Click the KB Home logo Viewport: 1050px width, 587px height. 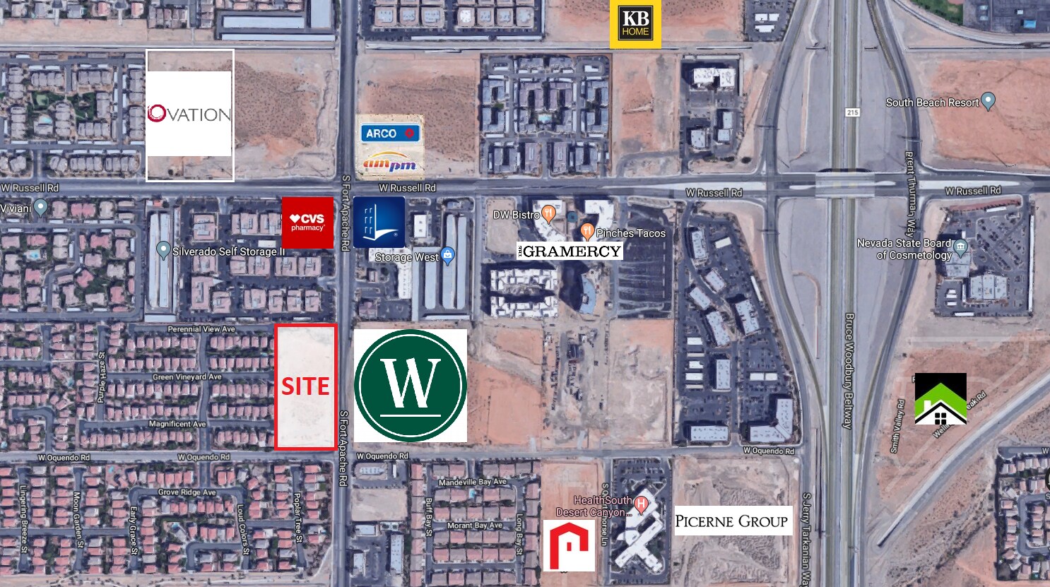(635, 23)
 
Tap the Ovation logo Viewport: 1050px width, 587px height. (189, 114)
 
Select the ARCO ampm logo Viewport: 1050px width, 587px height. (390, 148)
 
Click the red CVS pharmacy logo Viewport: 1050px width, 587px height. (307, 223)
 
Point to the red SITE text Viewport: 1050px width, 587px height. (305, 386)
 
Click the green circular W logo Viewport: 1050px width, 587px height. (410, 386)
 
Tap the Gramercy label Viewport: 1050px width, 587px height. (570, 251)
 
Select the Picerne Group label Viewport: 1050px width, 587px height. (732, 521)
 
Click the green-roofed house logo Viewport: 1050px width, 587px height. (940, 399)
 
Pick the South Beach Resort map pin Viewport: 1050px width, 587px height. (989, 101)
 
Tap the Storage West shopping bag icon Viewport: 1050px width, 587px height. (447, 255)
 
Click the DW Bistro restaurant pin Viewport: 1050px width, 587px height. (548, 213)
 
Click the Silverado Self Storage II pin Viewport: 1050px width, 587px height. (163, 249)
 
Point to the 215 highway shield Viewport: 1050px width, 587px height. (852, 112)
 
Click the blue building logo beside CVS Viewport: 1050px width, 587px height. (379, 223)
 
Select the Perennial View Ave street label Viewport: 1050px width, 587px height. (201, 329)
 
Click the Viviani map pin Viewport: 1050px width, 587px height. (40, 208)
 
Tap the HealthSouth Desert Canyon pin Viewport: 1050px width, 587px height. (642, 504)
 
